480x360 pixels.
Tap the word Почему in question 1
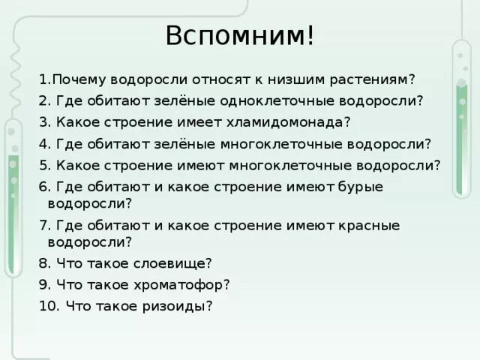click(x=80, y=79)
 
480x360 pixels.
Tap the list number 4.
click(x=44, y=142)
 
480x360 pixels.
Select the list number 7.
click(x=44, y=225)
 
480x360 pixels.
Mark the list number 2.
click(x=44, y=100)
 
